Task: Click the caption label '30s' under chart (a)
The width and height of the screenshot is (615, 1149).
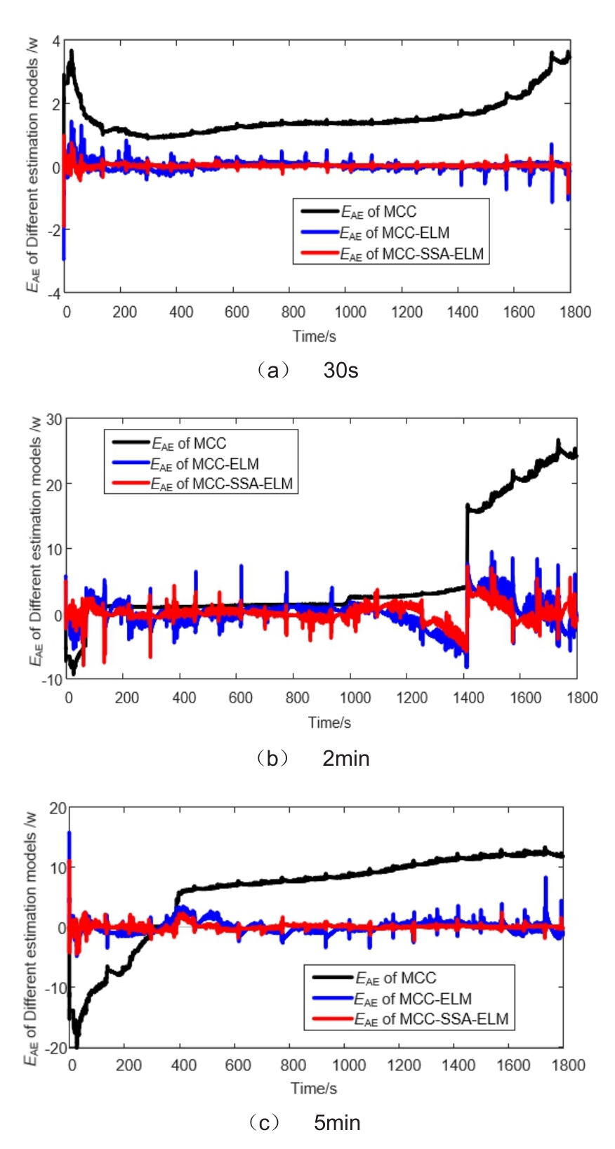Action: [340, 370]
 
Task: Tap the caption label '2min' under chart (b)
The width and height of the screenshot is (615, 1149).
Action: [345, 758]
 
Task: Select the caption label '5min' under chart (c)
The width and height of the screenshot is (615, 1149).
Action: [337, 1123]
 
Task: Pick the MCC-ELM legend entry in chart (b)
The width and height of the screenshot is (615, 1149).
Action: [204, 464]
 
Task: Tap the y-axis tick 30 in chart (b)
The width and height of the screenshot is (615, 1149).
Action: [54, 419]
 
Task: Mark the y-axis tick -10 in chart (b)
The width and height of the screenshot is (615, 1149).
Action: [52, 679]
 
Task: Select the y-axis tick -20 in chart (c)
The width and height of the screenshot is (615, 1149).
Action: [57, 1048]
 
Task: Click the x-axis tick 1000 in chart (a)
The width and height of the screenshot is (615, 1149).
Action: [350, 312]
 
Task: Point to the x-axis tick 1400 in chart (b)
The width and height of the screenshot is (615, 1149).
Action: [468, 698]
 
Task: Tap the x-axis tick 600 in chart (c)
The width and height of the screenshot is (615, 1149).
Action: [238, 1065]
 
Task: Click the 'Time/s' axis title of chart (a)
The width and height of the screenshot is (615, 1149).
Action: [315, 336]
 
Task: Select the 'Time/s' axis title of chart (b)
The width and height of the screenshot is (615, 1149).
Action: [329, 722]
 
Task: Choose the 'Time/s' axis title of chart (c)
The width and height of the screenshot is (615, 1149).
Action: [314, 1089]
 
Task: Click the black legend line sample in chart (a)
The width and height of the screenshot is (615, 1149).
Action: [319, 211]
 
